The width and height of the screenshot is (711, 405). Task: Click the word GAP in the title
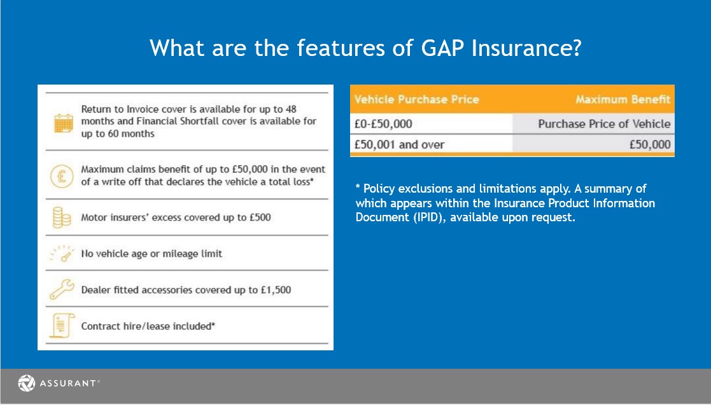click(442, 48)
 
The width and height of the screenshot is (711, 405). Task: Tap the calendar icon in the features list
click(64, 123)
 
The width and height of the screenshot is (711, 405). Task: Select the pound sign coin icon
click(62, 175)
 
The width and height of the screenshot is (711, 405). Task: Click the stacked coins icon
click(62, 217)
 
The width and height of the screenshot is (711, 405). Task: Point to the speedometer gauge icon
click(62, 253)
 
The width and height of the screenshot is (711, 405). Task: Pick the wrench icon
click(62, 289)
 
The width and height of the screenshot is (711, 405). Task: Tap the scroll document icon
click(62, 326)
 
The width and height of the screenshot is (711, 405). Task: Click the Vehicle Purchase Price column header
click(416, 100)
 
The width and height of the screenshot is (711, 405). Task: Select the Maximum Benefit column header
click(623, 100)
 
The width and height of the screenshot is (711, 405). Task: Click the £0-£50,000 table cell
click(383, 124)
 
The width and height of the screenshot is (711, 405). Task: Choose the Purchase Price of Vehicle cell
click(604, 124)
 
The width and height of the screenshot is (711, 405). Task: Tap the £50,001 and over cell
click(399, 144)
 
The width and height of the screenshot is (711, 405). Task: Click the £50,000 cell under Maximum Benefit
click(650, 144)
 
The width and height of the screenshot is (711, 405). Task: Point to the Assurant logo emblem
click(26, 383)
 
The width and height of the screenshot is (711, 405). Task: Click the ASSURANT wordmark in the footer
click(68, 383)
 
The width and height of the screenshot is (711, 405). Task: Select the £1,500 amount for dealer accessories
click(276, 290)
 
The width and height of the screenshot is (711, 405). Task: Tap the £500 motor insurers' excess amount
click(260, 217)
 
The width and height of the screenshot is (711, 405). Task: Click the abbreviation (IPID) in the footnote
click(428, 217)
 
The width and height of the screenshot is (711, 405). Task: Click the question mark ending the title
click(576, 48)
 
